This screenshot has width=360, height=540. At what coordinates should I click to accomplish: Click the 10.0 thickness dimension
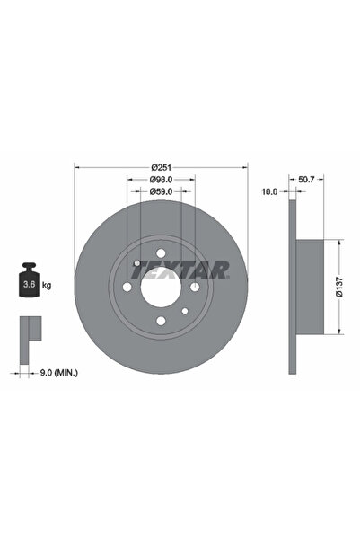[x=268, y=192]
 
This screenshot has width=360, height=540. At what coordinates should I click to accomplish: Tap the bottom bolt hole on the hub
[x=160, y=321]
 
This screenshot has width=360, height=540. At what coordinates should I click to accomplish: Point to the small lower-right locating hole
[x=183, y=311]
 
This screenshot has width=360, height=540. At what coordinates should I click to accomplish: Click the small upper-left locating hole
[x=136, y=263]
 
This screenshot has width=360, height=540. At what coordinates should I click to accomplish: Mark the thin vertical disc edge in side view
[x=291, y=288]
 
